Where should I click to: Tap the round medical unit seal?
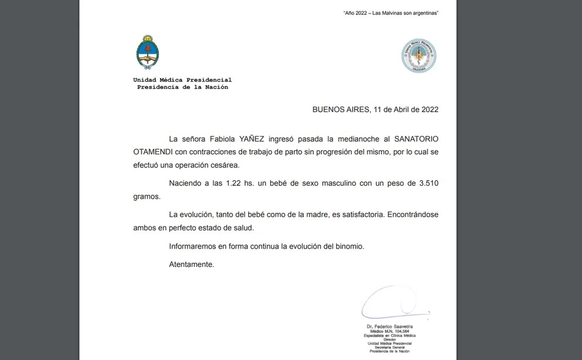point(418,56)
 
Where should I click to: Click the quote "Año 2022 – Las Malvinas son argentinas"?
point(391,13)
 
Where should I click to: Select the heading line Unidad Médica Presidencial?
point(182,80)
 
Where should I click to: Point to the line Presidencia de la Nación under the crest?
point(182,87)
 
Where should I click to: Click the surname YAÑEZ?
point(253,139)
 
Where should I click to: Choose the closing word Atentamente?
point(191,264)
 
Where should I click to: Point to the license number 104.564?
point(401,331)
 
